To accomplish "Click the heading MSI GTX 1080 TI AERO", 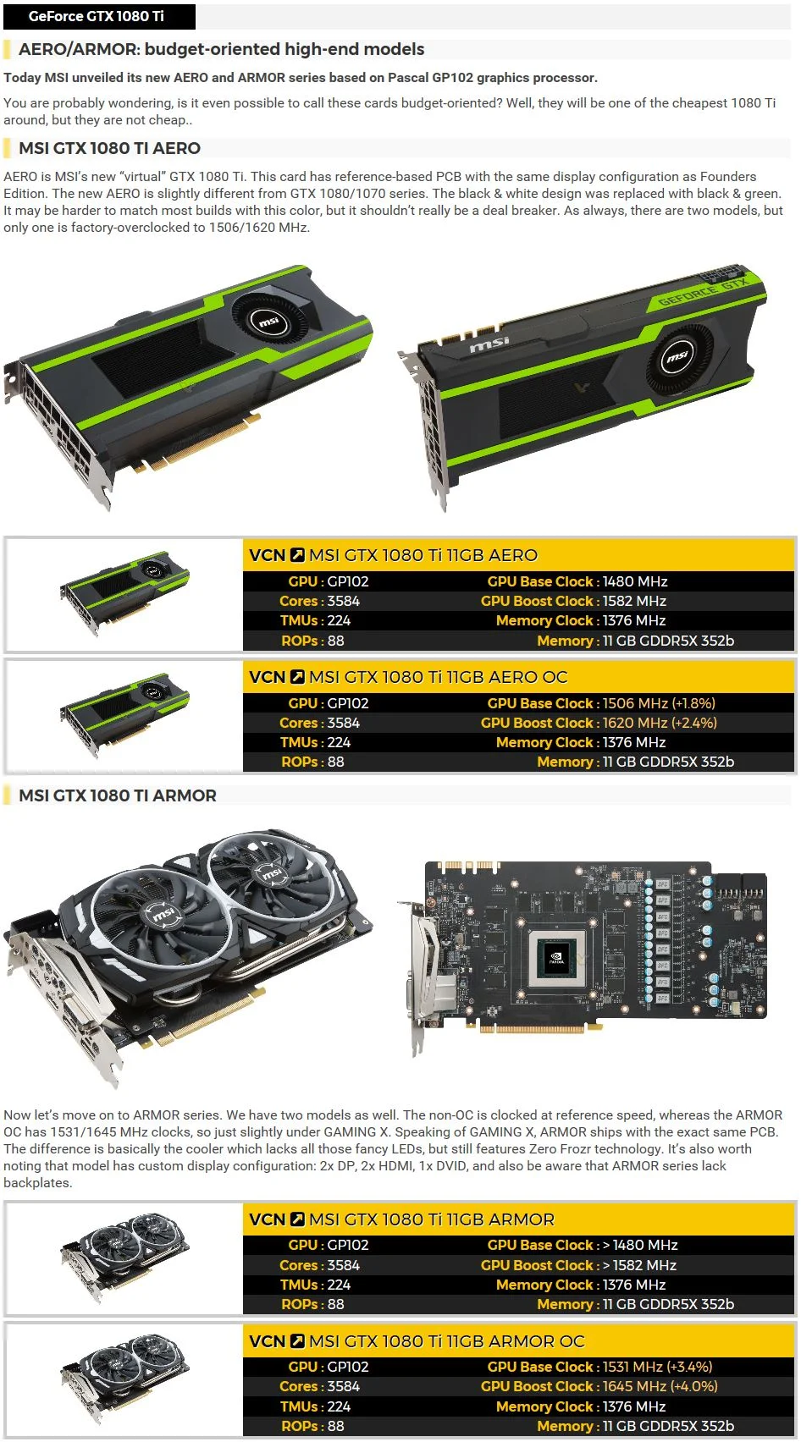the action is click(109, 148).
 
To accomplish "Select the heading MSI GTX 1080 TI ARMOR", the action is click(117, 795).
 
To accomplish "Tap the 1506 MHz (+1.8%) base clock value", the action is click(659, 703).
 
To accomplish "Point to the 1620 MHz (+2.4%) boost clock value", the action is click(660, 723).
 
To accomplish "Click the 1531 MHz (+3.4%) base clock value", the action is click(657, 1366).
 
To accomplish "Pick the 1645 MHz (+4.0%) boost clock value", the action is click(660, 1385).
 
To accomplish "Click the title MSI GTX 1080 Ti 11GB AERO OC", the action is click(438, 677).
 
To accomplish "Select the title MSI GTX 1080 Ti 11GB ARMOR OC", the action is click(446, 1341).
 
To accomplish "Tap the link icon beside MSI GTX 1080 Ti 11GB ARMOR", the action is click(297, 1219).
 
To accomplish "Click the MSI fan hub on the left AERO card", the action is click(268, 322).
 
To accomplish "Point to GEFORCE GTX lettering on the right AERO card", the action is click(702, 291).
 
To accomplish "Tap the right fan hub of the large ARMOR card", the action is click(271, 873).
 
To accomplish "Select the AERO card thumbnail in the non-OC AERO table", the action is click(124, 592).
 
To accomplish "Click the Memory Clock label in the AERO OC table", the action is click(544, 742).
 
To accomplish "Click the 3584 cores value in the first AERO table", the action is click(343, 601).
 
